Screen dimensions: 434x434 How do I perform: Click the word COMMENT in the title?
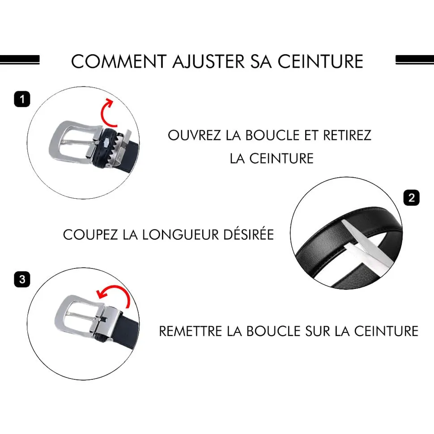[x=119, y=61]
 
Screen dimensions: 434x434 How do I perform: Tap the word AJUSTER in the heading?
[x=208, y=61]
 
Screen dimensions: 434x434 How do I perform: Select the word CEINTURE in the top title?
[x=320, y=61]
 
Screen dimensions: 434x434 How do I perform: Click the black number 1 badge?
[x=22, y=99]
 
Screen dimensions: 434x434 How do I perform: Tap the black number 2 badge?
[x=411, y=198]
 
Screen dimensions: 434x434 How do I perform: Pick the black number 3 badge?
[x=22, y=279]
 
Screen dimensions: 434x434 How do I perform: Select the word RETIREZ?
[x=347, y=136]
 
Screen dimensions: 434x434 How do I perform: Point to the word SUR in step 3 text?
[x=318, y=331]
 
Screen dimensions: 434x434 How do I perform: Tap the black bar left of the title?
[x=20, y=60]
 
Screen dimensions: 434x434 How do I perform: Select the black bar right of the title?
[x=415, y=60]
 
